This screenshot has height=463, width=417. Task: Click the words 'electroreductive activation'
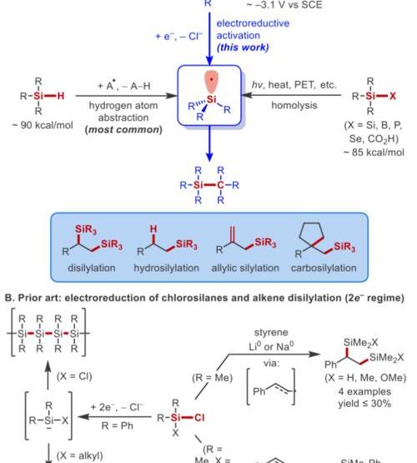[x=253, y=29]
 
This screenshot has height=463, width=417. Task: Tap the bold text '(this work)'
[x=243, y=48]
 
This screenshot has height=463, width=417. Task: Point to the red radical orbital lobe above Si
[x=211, y=81]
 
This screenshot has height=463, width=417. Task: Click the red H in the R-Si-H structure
[x=61, y=96]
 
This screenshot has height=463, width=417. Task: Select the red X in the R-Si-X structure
[x=393, y=96]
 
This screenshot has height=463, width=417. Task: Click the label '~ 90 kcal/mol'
[x=43, y=125]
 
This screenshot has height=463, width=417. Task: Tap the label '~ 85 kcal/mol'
[x=374, y=153]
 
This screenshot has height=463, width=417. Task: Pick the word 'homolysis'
[x=294, y=105]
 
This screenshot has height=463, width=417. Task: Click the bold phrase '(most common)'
[x=123, y=129]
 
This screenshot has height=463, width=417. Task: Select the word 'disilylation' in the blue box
[x=92, y=268]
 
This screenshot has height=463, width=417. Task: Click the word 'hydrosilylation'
[x=167, y=268]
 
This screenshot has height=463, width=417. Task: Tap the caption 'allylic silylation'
[x=245, y=268]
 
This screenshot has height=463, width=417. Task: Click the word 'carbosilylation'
[x=324, y=268]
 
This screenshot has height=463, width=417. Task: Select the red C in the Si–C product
[x=220, y=185]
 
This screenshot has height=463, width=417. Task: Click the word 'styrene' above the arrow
[x=271, y=333]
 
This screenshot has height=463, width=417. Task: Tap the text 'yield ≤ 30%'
[x=364, y=404]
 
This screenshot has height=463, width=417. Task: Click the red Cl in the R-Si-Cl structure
[x=199, y=417]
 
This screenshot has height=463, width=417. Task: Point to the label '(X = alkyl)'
[x=80, y=455]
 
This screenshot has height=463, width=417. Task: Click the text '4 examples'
[x=364, y=391]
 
